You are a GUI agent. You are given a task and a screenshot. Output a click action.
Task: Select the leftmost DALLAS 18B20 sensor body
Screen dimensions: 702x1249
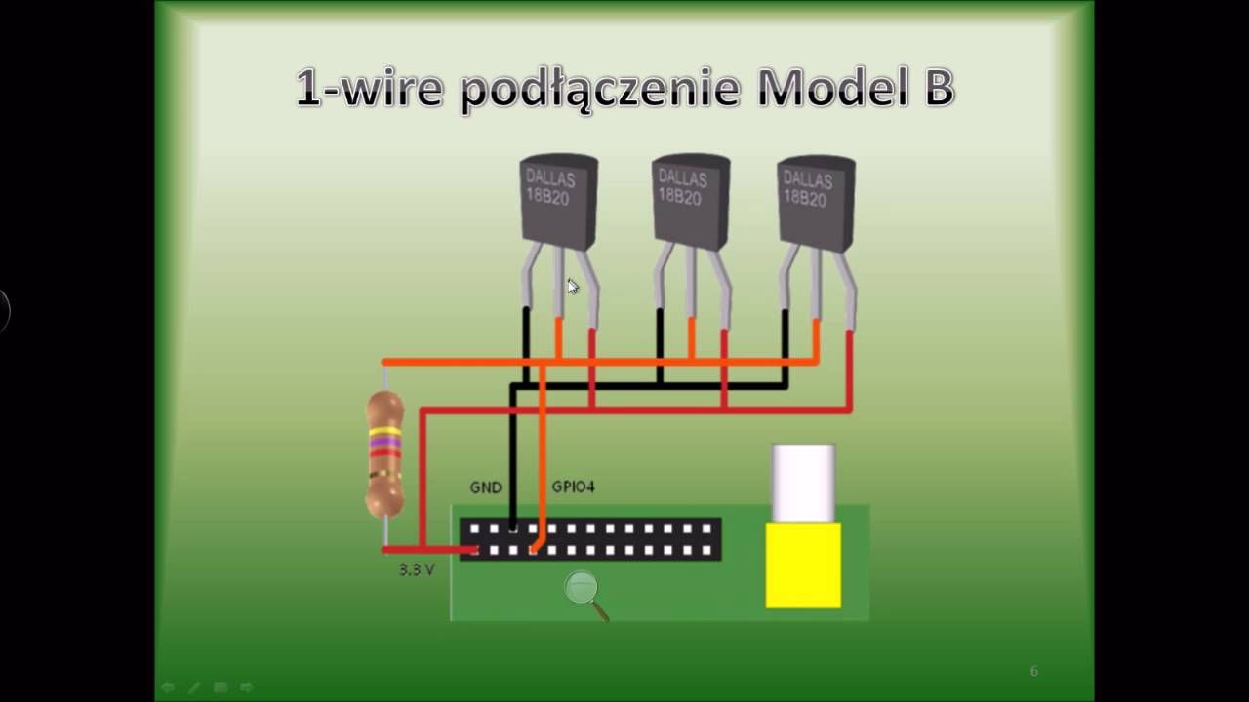[558, 200]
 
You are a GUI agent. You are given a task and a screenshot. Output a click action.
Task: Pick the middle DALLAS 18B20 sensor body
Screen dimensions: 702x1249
[690, 199]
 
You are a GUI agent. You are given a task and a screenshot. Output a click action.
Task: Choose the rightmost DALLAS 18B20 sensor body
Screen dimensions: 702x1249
[816, 201]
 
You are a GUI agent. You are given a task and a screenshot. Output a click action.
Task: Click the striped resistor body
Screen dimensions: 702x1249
[384, 453]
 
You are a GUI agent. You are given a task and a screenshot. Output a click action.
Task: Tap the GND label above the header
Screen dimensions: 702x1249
[485, 487]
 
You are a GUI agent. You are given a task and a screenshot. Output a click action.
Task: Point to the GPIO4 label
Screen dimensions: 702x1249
[573, 487]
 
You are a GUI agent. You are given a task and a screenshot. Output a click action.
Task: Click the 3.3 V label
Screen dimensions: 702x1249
[417, 569]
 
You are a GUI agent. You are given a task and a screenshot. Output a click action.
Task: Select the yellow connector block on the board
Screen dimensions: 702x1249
[803, 565]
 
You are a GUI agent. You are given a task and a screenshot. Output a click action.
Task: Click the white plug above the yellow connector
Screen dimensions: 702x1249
[803, 482]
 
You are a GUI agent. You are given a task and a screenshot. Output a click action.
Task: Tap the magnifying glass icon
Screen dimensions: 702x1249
[584, 591]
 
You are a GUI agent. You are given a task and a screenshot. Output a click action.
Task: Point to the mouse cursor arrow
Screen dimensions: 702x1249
[572, 286]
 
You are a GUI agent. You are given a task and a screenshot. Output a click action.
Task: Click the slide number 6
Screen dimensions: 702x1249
[1034, 671]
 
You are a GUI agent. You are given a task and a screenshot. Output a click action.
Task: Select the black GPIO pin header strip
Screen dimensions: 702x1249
[590, 539]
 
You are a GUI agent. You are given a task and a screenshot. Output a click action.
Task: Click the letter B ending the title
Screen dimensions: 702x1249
[935, 88]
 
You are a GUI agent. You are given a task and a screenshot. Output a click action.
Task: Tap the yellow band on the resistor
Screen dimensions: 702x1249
[384, 430]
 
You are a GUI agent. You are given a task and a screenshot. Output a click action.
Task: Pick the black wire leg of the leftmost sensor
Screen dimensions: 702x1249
[526, 336]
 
